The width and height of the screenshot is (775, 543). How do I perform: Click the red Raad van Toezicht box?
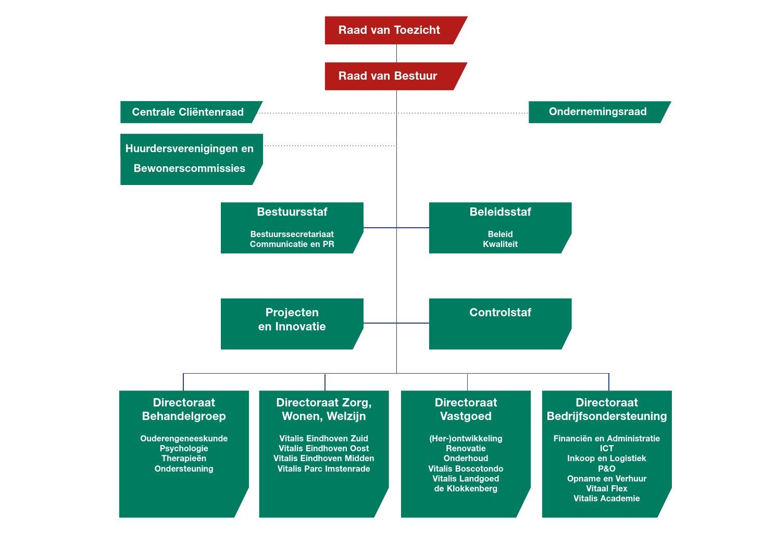390,30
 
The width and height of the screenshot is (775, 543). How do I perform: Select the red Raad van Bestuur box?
388,76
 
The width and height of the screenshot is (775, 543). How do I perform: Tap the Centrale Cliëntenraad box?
187,112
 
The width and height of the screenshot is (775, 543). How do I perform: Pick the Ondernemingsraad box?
597,112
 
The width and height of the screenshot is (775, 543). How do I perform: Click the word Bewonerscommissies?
189,168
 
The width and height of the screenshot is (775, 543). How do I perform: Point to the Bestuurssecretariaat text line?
292,235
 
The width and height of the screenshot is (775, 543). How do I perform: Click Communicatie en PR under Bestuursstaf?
292,244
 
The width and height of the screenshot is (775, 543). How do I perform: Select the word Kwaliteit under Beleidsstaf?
500,244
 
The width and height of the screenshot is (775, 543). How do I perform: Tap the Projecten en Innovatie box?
292,323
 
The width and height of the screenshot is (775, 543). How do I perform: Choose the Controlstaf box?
500,323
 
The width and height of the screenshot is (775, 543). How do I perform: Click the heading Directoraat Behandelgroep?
184,409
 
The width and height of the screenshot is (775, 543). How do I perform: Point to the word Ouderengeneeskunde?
184,439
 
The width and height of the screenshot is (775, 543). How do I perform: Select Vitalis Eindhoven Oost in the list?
323,449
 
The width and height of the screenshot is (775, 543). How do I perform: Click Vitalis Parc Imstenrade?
323,469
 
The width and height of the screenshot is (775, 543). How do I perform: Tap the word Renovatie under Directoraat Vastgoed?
466,449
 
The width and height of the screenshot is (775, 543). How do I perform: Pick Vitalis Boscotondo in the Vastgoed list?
466,469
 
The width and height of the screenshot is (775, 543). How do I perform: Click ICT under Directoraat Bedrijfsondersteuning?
607,449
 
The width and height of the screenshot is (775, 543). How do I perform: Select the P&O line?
607,469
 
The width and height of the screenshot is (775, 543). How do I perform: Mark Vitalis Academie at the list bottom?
607,499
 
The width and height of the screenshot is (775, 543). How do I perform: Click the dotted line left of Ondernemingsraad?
464,113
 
